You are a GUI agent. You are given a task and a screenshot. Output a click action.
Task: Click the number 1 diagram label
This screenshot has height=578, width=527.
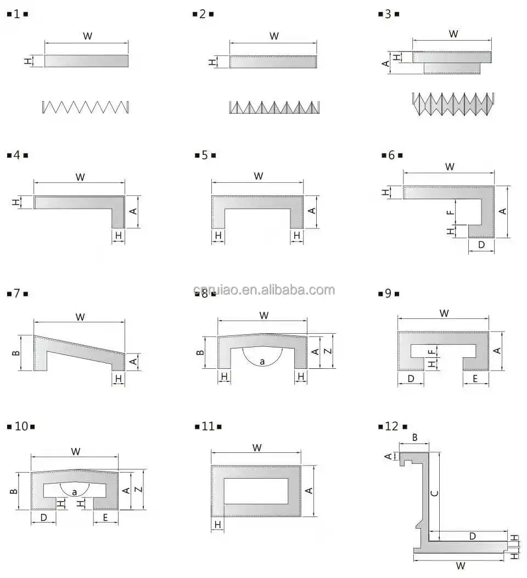point(17,14)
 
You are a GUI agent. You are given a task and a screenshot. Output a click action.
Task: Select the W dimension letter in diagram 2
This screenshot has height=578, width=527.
point(274,36)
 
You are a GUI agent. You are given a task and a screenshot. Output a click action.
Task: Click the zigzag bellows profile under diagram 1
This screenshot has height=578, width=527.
point(85,107)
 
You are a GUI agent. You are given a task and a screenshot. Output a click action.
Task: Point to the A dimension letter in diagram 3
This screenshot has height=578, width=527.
point(386,64)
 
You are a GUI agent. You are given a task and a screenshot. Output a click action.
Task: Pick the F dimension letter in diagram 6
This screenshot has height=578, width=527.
point(450,212)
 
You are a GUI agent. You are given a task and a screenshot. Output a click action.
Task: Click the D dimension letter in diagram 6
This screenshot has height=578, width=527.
point(481,245)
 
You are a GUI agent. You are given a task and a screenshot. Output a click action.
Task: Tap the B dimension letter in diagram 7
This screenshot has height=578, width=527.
point(16,352)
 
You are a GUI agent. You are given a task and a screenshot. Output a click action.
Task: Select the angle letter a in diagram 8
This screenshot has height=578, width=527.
point(262,361)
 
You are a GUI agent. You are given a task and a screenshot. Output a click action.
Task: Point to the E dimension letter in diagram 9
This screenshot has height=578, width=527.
point(475,379)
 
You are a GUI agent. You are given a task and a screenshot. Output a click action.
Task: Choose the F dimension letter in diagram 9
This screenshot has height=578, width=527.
point(433,350)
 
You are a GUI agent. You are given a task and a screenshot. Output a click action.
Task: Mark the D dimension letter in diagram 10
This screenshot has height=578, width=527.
point(43,517)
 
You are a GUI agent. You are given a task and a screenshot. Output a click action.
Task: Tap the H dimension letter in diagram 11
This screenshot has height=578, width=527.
point(218,525)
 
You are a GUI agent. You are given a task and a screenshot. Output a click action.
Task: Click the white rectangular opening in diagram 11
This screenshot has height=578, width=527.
point(256,491)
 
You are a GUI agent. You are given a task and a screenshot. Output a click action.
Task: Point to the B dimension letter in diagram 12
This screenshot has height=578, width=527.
point(414,437)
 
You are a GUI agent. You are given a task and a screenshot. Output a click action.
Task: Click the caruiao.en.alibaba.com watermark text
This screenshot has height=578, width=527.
point(263,290)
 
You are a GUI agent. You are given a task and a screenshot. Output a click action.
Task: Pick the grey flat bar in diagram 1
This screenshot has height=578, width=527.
point(86,61)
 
